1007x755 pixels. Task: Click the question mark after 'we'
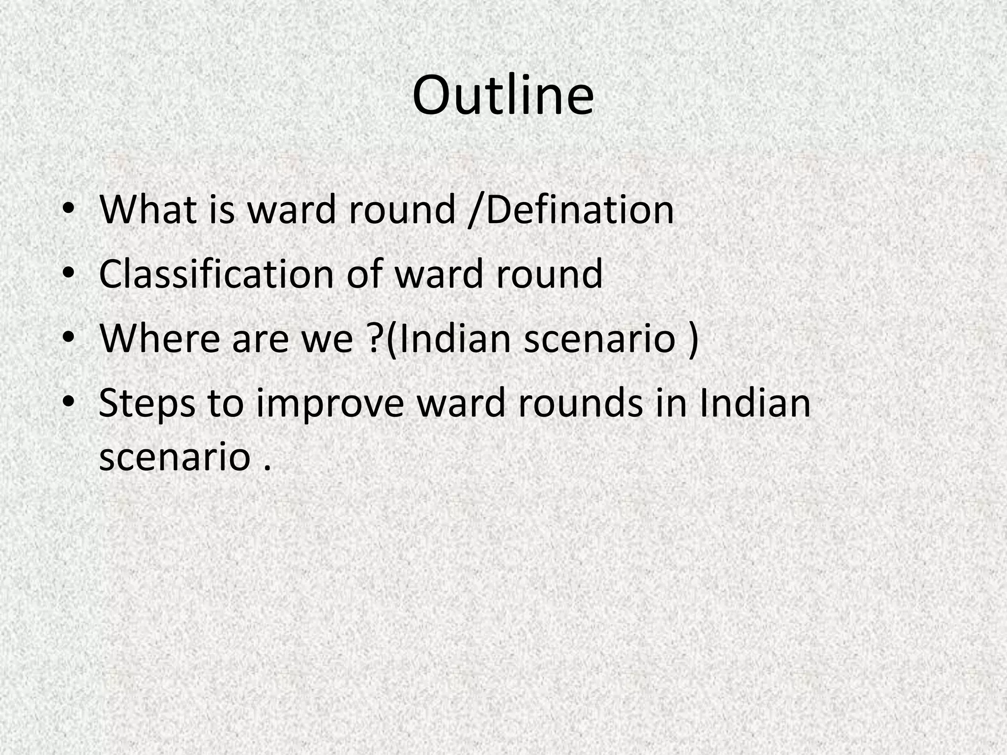point(376,339)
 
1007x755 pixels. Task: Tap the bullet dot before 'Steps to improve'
point(69,403)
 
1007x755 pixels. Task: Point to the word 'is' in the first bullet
point(222,210)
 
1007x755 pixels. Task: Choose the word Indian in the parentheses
point(454,339)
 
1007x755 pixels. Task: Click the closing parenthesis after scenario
point(693,340)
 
